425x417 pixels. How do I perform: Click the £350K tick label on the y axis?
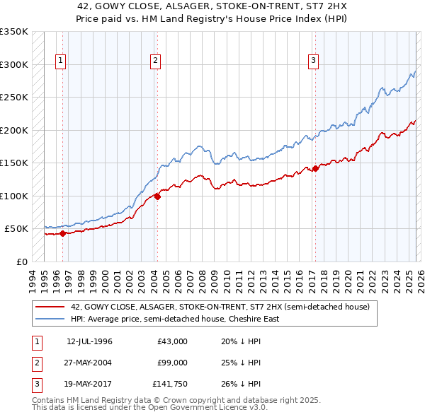pyautogui.click(x=14, y=32)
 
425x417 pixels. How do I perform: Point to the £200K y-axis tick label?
pyautogui.click(x=14, y=130)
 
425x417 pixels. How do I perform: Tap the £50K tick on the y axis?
pyautogui.click(x=17, y=229)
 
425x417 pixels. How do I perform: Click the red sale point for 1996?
pyautogui.click(x=62, y=233)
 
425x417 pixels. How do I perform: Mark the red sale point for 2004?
pyautogui.click(x=157, y=196)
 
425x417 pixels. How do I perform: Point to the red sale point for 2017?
pyautogui.click(x=315, y=168)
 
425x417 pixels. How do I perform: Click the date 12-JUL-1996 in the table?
pyautogui.click(x=89, y=341)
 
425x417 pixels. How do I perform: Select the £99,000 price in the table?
pyautogui.click(x=173, y=363)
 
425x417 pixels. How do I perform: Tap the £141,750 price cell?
pyautogui.click(x=170, y=384)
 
